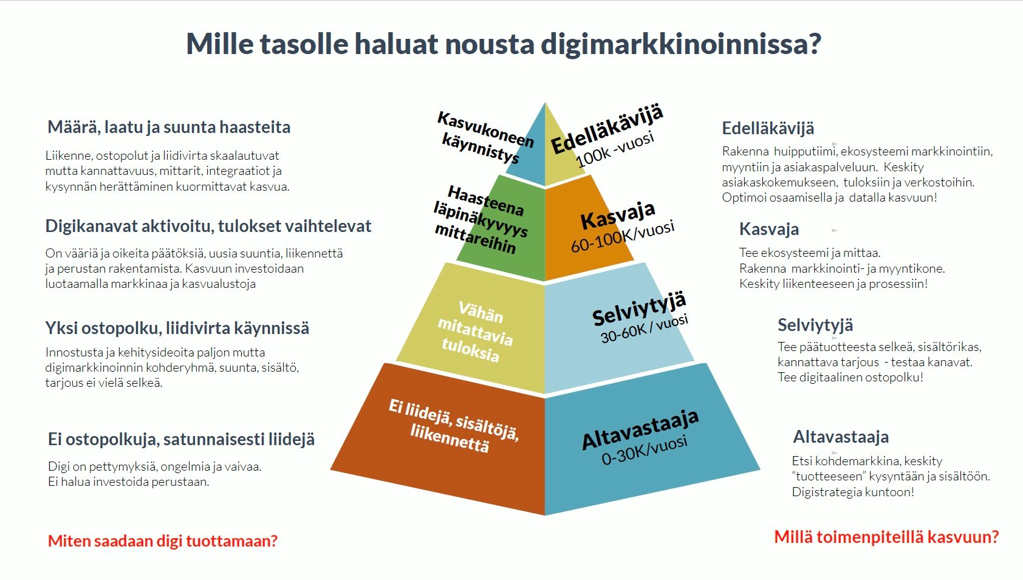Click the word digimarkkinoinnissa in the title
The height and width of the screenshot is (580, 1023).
[680, 44]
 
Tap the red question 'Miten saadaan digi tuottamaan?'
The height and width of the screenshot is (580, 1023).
[163, 541]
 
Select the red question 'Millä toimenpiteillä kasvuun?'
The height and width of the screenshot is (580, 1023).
[886, 537]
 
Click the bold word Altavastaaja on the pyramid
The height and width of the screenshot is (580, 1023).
[640, 429]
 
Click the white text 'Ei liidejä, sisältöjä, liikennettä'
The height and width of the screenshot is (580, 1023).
[453, 425]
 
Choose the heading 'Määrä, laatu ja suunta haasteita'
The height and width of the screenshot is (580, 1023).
[169, 128]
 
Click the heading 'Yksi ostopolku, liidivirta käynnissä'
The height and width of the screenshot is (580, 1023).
[177, 328]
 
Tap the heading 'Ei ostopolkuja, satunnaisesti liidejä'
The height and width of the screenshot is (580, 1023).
[181, 439]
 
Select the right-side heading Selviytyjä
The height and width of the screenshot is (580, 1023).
[815, 325]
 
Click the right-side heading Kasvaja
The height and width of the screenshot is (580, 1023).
[768, 230]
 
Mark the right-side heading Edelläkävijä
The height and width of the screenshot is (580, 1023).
[768, 128]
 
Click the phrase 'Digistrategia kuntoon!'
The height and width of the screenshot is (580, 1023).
[853, 492]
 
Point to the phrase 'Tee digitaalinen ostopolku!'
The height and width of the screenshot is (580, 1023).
[850, 377]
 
